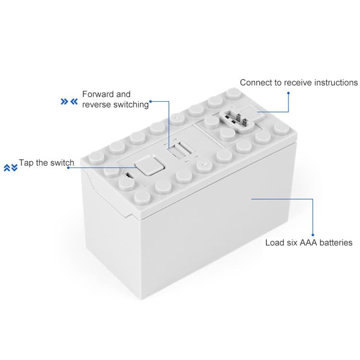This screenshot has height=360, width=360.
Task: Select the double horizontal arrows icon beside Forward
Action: [x=69, y=102]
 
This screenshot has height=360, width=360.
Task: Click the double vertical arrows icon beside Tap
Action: [x=11, y=168]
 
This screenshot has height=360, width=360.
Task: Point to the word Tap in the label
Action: [x=26, y=163]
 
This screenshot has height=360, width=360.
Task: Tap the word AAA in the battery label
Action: [x=310, y=242]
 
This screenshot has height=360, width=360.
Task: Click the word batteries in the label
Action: [x=337, y=242]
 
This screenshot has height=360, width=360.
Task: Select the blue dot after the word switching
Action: [x=151, y=101]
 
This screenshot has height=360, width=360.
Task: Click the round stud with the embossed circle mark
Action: [x=203, y=166]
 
